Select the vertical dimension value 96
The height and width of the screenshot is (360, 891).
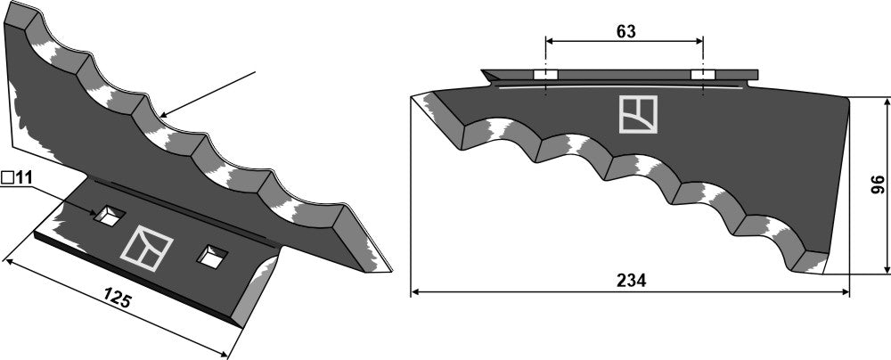click(x=877, y=184)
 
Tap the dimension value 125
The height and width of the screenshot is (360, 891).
click(x=119, y=299)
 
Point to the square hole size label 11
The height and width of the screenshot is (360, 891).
click(x=23, y=178)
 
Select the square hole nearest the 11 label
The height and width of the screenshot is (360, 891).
click(x=110, y=215)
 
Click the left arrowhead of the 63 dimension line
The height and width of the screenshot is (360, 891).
click(x=550, y=41)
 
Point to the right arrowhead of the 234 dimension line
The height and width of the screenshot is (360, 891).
click(x=846, y=290)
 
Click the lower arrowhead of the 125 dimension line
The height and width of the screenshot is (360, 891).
click(x=228, y=356)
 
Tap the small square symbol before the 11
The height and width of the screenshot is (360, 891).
click(x=6, y=178)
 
